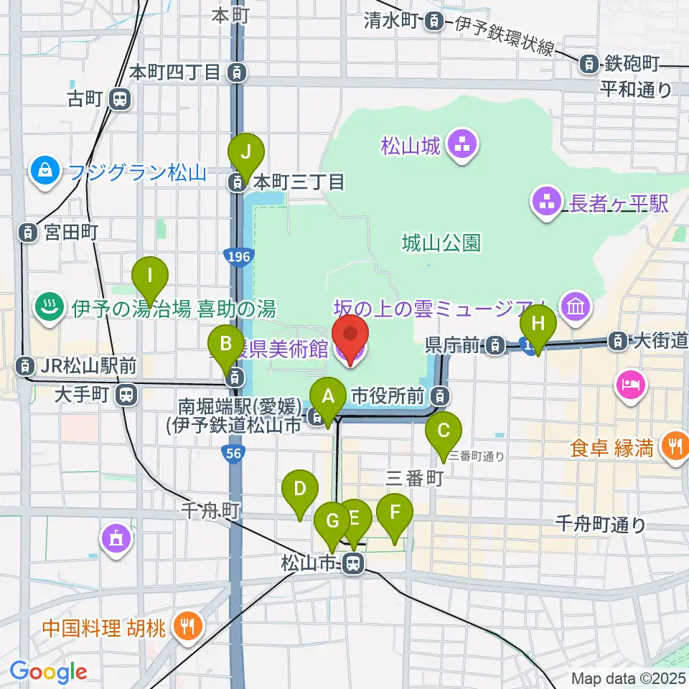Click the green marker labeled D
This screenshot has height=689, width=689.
pos(301,490)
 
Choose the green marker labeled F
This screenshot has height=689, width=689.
pos(395,514)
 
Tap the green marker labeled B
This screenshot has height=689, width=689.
pos(226,344)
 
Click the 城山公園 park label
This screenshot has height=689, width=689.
pos(441,243)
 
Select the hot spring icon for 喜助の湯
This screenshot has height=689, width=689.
pos(50,309)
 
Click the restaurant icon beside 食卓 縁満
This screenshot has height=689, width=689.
pos(674,448)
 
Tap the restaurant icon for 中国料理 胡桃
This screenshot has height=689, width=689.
pos(188,627)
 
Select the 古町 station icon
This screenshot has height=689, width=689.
pos(121,99)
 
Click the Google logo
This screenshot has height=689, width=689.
pos(48,672)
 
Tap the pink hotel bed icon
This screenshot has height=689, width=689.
pos(631,385)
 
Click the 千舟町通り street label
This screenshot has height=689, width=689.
pos(600,525)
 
